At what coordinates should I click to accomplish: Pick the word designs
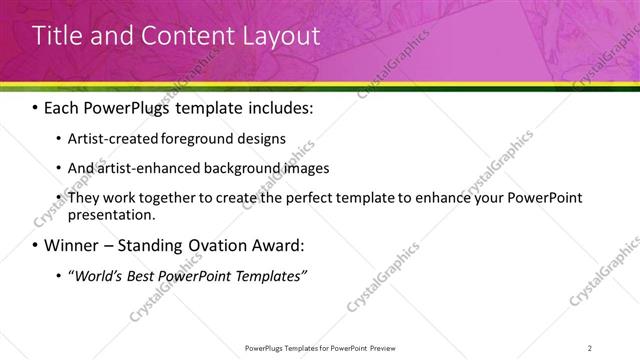coord(263,138)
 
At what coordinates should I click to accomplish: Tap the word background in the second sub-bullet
coord(229,168)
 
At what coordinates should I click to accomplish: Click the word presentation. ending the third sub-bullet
coord(112,214)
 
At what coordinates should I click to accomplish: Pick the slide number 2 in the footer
coord(590,348)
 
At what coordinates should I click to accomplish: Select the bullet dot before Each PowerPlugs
coord(36,107)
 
